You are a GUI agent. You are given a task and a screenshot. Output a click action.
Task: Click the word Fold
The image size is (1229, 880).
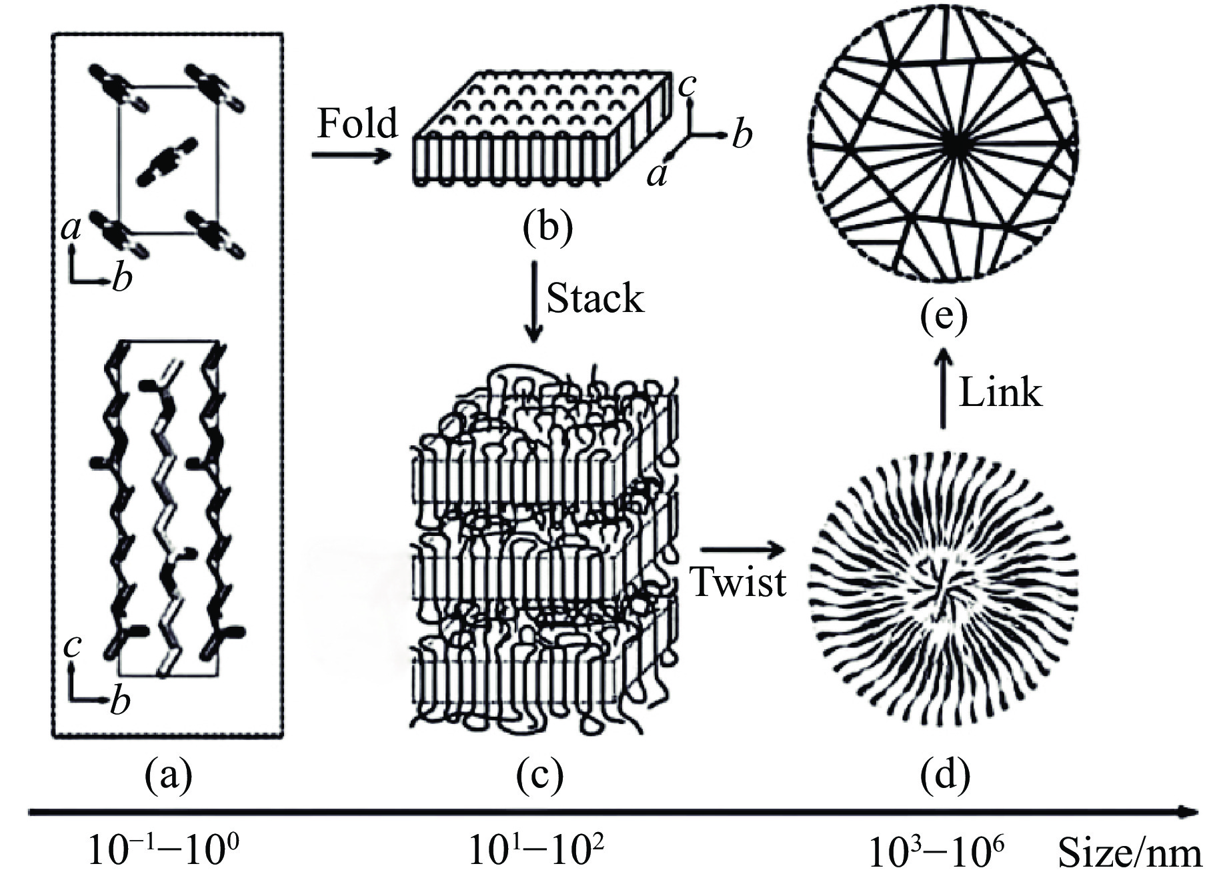(x=357, y=123)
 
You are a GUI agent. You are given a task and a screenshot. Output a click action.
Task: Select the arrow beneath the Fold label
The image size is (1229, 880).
(x=351, y=156)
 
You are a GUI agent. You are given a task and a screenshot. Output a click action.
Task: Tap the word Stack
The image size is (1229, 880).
(x=595, y=299)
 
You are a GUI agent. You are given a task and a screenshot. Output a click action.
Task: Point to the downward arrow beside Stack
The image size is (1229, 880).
(x=533, y=301)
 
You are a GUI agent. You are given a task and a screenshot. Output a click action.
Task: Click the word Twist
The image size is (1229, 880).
(x=738, y=581)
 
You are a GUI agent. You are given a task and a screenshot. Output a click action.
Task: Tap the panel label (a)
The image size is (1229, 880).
(x=168, y=775)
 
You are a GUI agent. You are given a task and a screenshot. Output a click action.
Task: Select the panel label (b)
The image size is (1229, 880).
(x=547, y=228)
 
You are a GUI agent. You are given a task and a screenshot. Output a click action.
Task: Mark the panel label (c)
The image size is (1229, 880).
(x=540, y=775)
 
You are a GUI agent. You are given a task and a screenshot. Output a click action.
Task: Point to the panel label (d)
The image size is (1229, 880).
(x=945, y=775)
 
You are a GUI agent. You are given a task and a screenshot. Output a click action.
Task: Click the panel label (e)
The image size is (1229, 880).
(x=944, y=317)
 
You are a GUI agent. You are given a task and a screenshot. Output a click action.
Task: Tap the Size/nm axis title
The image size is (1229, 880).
(x=1130, y=853)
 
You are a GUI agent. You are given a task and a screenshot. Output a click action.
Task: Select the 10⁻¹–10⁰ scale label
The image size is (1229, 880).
(x=164, y=851)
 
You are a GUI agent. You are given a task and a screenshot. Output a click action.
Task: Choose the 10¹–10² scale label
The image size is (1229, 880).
(x=537, y=851)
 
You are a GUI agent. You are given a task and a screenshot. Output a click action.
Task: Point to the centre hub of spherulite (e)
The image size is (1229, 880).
(x=955, y=151)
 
